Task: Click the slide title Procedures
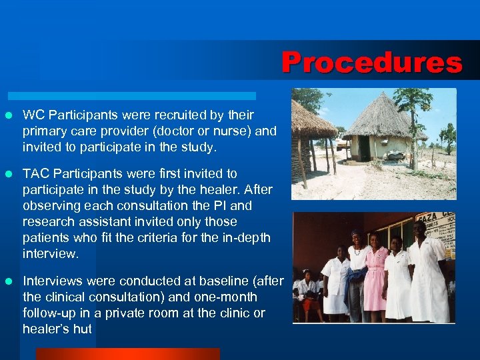coord(371,63)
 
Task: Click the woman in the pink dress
coord(376,273)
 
